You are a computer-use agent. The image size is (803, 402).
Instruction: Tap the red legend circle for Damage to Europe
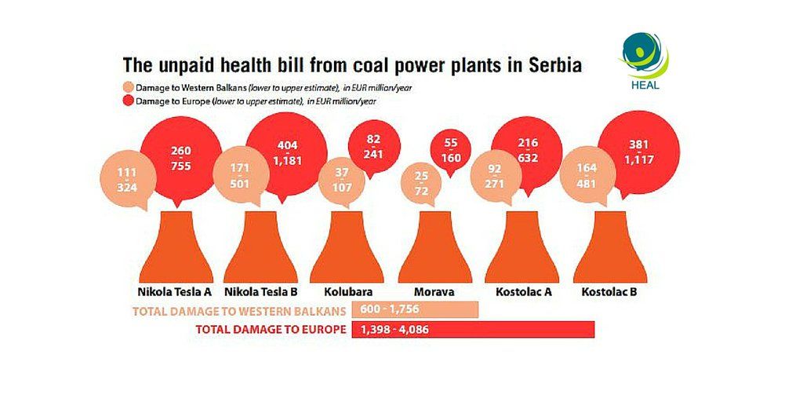[128, 100]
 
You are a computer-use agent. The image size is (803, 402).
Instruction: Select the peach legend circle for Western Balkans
[128, 87]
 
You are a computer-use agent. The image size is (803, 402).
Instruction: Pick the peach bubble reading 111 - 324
[128, 179]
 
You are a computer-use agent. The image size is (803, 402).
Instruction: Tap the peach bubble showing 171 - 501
[241, 175]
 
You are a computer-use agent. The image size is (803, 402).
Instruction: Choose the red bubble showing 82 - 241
[373, 147]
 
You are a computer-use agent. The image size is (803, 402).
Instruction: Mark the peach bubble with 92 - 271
[496, 176]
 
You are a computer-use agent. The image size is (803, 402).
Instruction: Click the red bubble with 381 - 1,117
[638, 152]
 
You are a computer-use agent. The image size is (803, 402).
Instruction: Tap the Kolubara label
[348, 292]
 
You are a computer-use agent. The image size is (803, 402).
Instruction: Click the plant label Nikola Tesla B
[260, 292]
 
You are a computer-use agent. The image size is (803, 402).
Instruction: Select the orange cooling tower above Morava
[434, 247]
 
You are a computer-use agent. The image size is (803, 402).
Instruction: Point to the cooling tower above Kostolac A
[521, 247]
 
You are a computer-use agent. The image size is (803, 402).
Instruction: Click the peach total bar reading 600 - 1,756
[415, 309]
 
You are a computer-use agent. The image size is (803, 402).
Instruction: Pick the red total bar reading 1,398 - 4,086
[473, 330]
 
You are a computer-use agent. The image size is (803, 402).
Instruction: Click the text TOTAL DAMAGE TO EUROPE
[271, 330]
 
